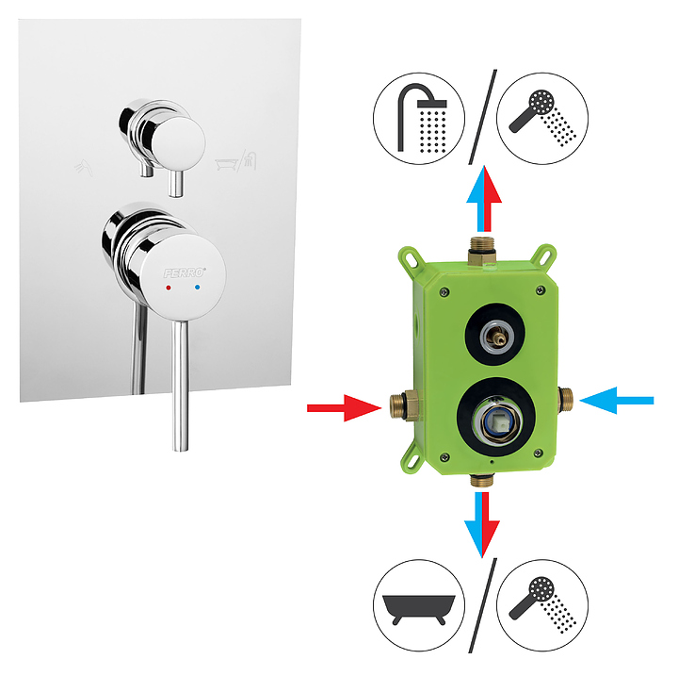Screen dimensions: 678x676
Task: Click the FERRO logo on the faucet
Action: pyautogui.click(x=185, y=272)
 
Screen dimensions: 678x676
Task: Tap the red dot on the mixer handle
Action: pyautogui.click(x=169, y=288)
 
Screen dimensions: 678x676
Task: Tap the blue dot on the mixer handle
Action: pyautogui.click(x=198, y=287)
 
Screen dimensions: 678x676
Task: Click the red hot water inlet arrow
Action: pyautogui.click(x=345, y=407)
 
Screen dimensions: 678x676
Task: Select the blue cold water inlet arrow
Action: pyautogui.click(x=617, y=401)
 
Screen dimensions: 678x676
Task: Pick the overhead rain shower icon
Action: pyautogui.click(x=419, y=118)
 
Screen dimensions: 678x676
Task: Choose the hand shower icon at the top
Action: pyautogui.click(x=542, y=118)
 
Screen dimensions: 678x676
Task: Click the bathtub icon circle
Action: pyautogui.click(x=419, y=605)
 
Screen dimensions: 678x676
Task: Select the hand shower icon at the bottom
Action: pyautogui.click(x=542, y=605)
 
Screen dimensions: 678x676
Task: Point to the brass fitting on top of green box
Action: pyautogui.click(x=482, y=251)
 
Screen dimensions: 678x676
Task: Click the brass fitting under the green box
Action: pyautogui.click(x=482, y=480)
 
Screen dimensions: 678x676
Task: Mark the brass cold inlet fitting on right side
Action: pyautogui.click(x=565, y=399)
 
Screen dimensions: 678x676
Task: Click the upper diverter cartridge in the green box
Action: pyautogui.click(x=495, y=335)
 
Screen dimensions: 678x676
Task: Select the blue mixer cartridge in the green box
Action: pyautogui.click(x=496, y=419)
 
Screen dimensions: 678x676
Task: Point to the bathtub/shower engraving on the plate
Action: pyautogui.click(x=236, y=160)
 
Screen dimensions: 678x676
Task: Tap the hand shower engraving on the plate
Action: pyautogui.click(x=84, y=168)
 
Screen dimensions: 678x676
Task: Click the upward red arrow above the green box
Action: pyautogui.click(x=490, y=199)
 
